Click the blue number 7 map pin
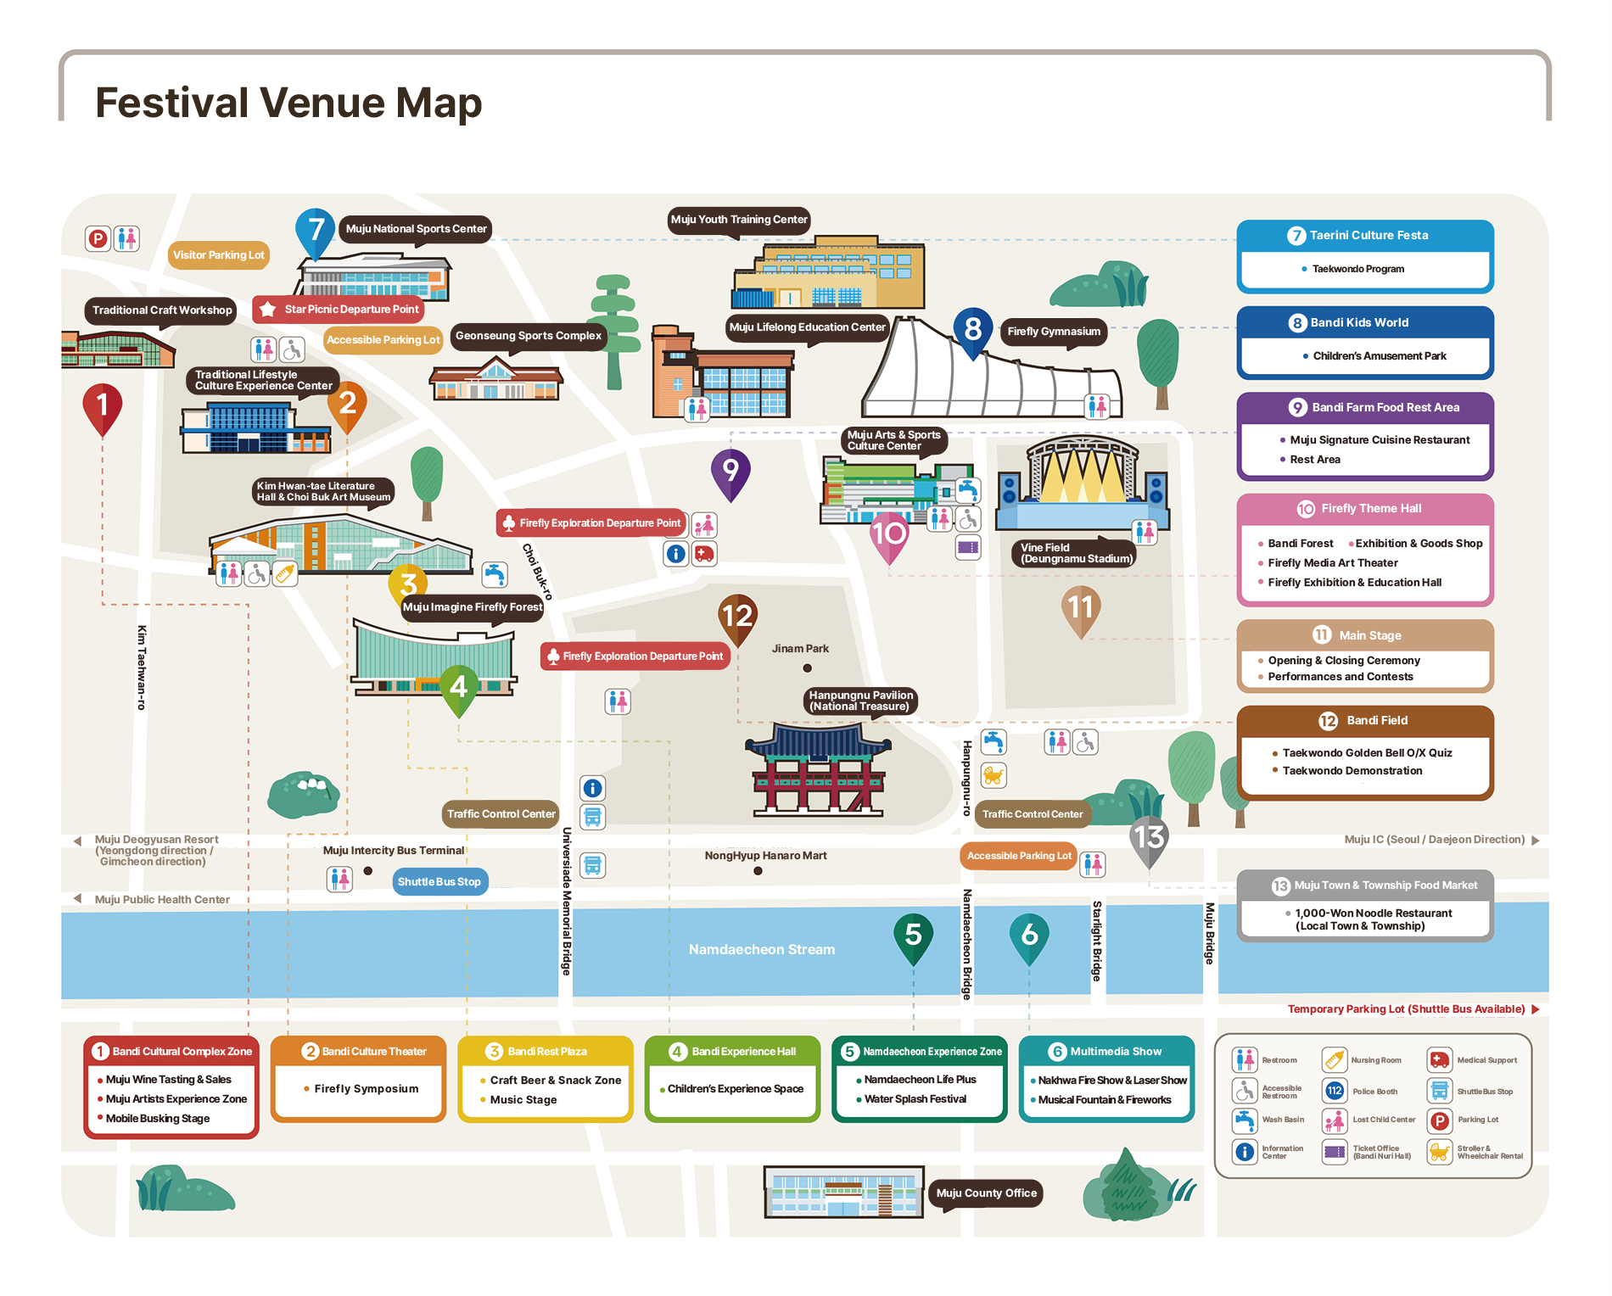[315, 232]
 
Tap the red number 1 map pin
[103, 409]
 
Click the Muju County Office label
[986, 1193]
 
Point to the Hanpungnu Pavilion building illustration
[818, 769]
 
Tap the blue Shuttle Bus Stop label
[439, 882]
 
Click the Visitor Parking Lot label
[219, 255]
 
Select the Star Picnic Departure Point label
[339, 310]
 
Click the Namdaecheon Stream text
[762, 949]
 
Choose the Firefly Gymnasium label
[1054, 332]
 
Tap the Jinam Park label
[800, 649]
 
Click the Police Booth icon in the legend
[1335, 1091]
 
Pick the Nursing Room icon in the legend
[1335, 1059]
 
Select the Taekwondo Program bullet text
[1357, 269]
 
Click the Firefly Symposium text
[367, 1089]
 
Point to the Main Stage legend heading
[1369, 635]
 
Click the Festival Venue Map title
[288, 103]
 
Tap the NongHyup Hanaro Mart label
[765, 856]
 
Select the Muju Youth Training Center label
[739, 220]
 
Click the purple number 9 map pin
[730, 473]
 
